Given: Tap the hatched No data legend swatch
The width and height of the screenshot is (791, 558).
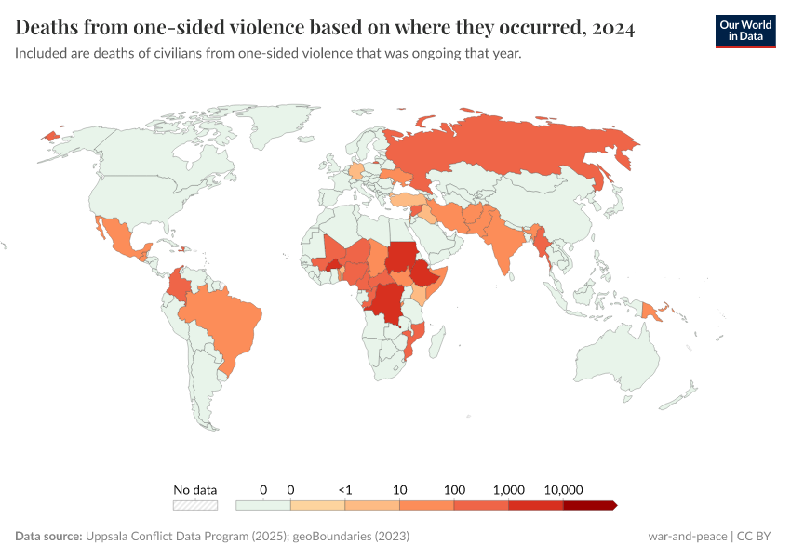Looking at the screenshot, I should pyautogui.click(x=195, y=505).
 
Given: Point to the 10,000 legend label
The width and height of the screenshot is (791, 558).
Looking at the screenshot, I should pyautogui.click(x=562, y=489).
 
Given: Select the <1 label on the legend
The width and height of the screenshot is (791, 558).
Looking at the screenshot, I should pyautogui.click(x=345, y=489).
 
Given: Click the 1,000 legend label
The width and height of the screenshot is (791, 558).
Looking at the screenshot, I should pyautogui.click(x=509, y=489).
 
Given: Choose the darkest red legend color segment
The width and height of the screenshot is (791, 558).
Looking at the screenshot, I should pyautogui.click(x=589, y=505).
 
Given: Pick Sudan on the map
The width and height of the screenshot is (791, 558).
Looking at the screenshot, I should pyautogui.click(x=403, y=256).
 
